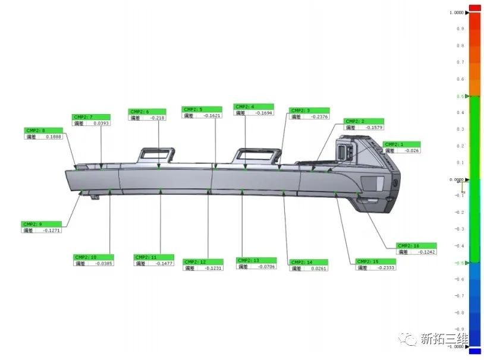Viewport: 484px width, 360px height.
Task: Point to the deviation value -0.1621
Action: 212,115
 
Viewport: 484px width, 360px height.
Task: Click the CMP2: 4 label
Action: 254,106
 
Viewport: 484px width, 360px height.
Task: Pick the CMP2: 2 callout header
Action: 363,121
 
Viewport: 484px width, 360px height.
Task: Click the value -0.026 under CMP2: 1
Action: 411,150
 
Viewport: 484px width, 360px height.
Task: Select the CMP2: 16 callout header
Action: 416,245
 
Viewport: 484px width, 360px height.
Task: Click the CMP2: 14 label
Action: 309,262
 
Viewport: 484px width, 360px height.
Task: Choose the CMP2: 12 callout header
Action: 203,261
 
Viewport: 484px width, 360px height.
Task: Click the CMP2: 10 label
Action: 93,257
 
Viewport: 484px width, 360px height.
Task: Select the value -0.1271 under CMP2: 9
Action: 52,230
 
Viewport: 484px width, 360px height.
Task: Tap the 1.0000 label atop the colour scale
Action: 457,12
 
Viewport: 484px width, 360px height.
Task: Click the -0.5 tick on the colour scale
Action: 459,263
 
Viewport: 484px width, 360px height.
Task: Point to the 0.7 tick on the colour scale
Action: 460,62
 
